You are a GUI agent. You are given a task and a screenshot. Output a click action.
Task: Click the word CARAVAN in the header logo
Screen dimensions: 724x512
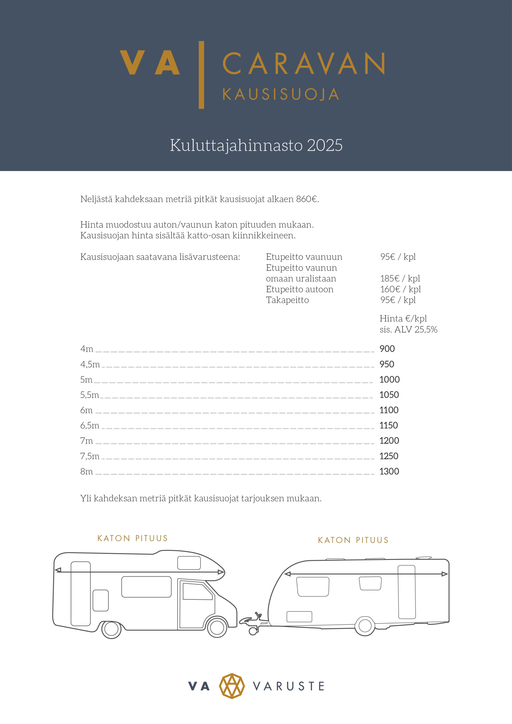pos(304,63)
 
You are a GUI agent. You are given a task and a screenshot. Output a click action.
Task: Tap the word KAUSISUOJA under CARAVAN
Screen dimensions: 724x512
pos(280,94)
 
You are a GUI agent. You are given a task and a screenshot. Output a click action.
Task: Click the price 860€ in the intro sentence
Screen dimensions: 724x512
pos(307,199)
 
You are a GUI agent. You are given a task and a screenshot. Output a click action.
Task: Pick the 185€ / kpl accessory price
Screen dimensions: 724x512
pos(400,279)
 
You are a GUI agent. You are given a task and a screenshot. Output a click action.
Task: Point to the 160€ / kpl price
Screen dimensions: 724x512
pos(400,289)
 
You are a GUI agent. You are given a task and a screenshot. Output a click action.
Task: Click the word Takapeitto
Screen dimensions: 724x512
pos(287,300)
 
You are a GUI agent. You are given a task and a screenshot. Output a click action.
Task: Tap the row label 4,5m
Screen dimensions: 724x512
pos(90,364)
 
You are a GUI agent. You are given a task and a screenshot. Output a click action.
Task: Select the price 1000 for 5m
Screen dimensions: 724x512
pos(389,379)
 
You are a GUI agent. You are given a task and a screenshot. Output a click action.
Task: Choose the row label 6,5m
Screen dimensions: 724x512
pos(90,425)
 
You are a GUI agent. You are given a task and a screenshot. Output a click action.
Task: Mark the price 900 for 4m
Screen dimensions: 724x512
pos(387,349)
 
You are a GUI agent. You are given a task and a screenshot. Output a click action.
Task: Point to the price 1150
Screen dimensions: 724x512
pos(388,425)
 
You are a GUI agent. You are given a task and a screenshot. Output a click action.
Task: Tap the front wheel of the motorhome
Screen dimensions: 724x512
pos(217,628)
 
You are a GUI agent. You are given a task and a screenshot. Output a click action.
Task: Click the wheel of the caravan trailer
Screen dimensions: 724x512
pos(365,626)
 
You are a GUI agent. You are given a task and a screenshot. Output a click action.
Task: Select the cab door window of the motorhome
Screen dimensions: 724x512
pos(197,592)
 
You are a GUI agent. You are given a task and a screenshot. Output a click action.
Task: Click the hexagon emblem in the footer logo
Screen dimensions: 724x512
pos(232,686)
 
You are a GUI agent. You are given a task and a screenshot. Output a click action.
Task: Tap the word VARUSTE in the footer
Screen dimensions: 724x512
pos(288,686)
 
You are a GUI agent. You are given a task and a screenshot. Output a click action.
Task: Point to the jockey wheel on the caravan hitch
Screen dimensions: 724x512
pos(253,631)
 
